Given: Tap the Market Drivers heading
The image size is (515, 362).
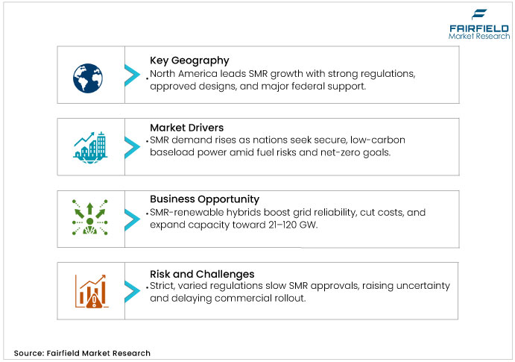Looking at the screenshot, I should click(x=186, y=128).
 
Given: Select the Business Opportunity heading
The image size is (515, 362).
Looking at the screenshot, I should click(x=204, y=199).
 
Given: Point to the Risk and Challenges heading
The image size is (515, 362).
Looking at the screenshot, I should click(x=202, y=274).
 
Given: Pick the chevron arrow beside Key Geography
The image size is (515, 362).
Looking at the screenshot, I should click(x=132, y=75).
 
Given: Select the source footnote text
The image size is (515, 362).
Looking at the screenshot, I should click(x=82, y=353).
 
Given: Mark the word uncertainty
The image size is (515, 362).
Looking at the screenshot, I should click(x=423, y=287).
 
